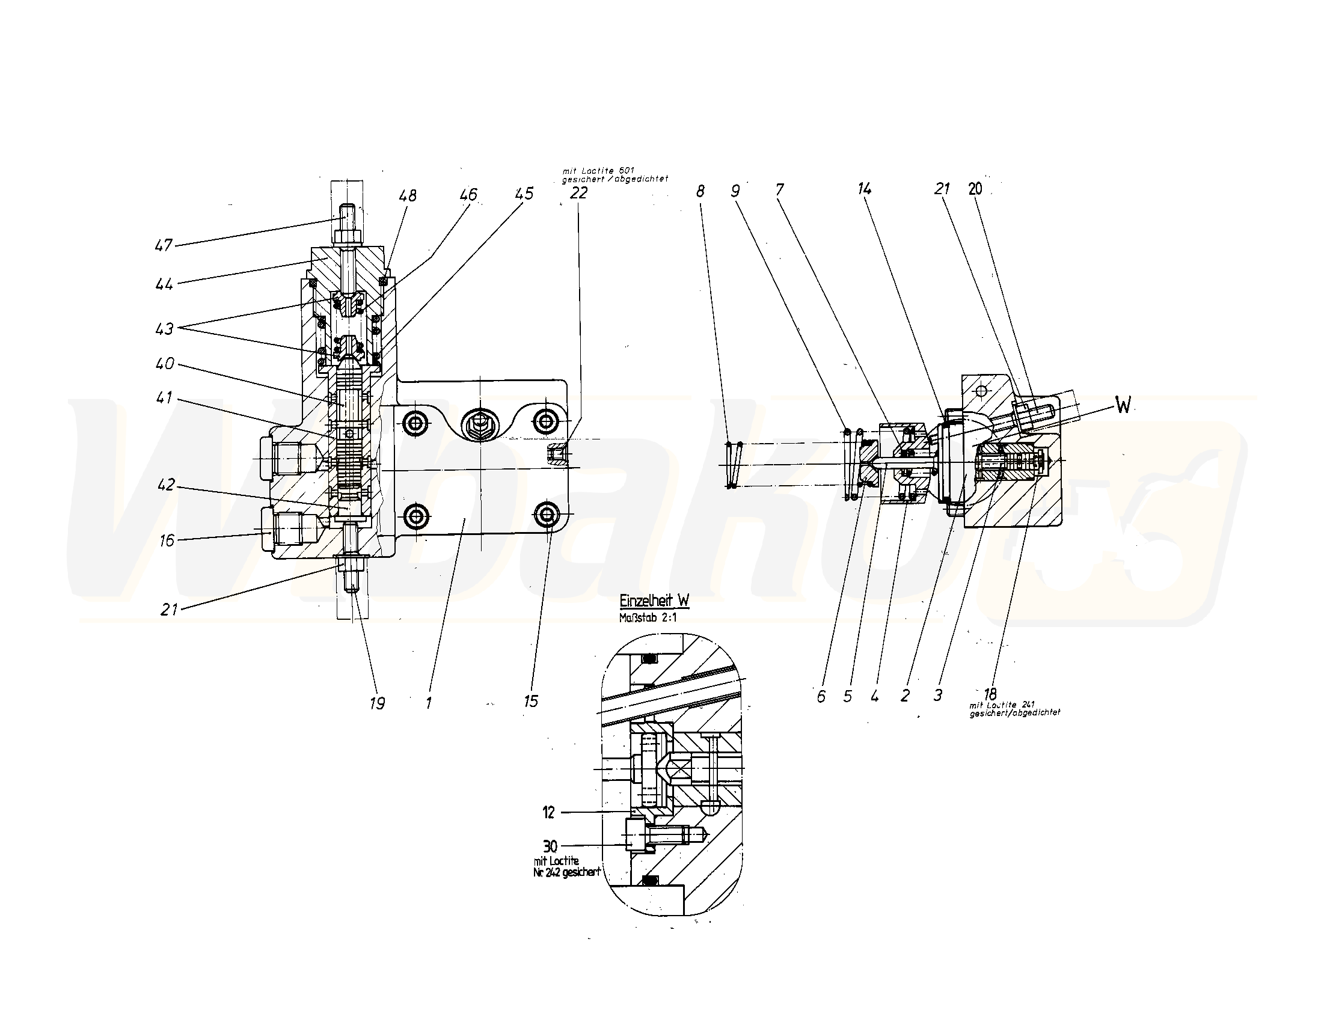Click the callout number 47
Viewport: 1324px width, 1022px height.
pyautogui.click(x=164, y=245)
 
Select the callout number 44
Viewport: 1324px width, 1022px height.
pyautogui.click(x=164, y=284)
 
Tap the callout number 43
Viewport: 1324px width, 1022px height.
pyautogui.click(x=164, y=329)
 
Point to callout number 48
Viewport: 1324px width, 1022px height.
pyautogui.click(x=408, y=196)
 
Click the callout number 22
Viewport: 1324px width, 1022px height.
pyautogui.click(x=579, y=193)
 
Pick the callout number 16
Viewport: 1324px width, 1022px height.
pyautogui.click(x=167, y=540)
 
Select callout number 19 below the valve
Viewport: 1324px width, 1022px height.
pyautogui.click(x=377, y=703)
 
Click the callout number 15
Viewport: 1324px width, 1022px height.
pyautogui.click(x=530, y=702)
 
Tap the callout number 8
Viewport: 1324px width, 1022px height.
pyautogui.click(x=700, y=192)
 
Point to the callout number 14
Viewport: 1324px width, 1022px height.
pyautogui.click(x=864, y=189)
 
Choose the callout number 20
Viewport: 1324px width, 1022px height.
pyautogui.click(x=975, y=189)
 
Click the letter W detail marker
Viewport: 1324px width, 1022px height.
pyautogui.click(x=1123, y=406)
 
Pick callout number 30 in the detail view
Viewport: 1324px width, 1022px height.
pyautogui.click(x=550, y=846)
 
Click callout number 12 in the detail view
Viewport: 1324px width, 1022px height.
pyautogui.click(x=548, y=813)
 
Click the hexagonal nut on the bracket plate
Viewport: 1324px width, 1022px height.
pyautogui.click(x=479, y=423)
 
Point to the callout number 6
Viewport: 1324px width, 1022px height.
pyautogui.click(x=821, y=697)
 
